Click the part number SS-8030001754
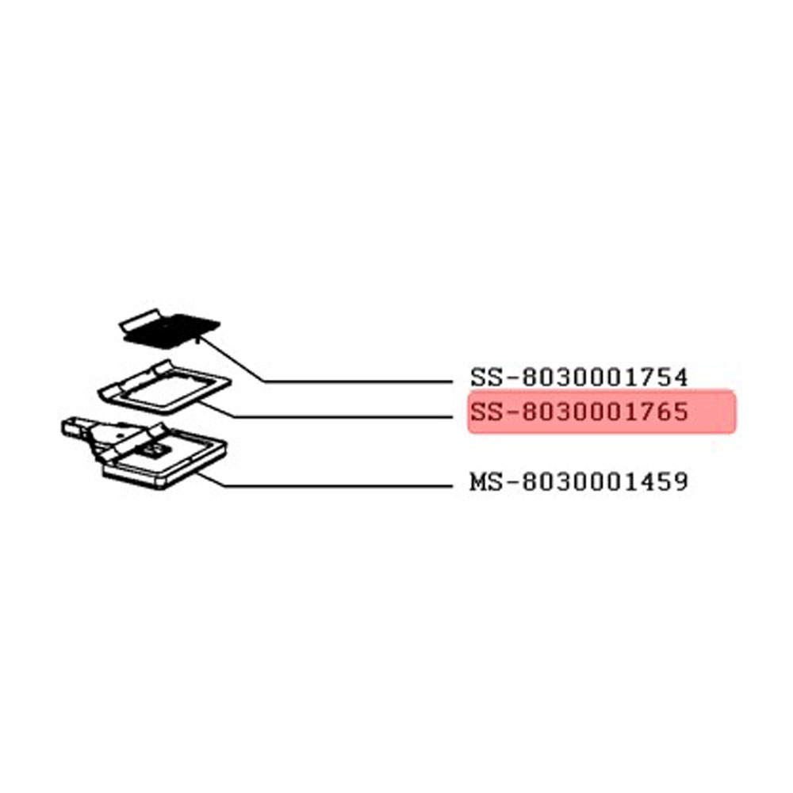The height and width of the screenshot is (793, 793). (579, 377)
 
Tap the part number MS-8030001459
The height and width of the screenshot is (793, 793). (579, 481)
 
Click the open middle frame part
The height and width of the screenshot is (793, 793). (165, 386)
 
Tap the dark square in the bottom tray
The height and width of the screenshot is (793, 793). (152, 449)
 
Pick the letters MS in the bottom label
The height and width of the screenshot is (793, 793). (486, 481)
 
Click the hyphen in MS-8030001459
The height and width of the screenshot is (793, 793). (511, 482)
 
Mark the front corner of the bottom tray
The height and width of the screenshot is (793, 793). (161, 487)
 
